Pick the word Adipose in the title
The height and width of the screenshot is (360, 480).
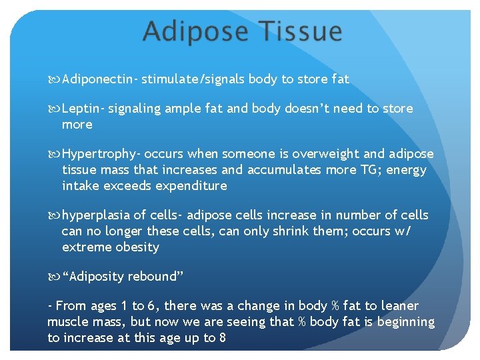coord(193,32)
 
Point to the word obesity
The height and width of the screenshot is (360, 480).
coord(137,247)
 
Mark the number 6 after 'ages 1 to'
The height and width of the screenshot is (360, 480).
coord(153,306)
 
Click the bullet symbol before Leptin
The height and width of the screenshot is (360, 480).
coord(55,109)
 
